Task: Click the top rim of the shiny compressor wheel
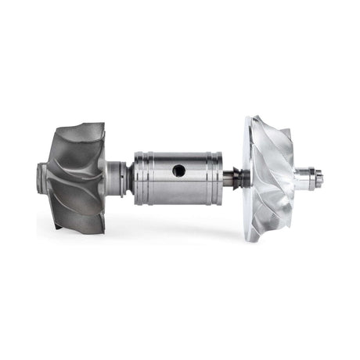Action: (258, 119)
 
